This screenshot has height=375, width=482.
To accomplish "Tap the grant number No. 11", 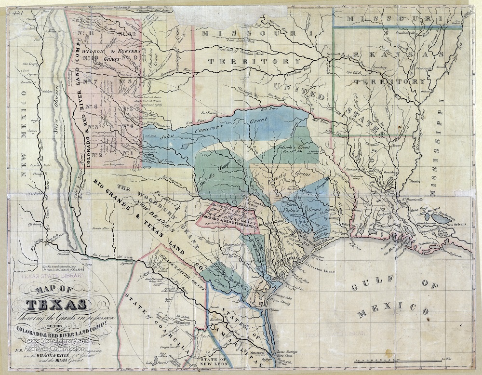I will pos(86,32).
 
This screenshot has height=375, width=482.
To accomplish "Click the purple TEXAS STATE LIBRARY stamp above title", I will pos(47,279).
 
